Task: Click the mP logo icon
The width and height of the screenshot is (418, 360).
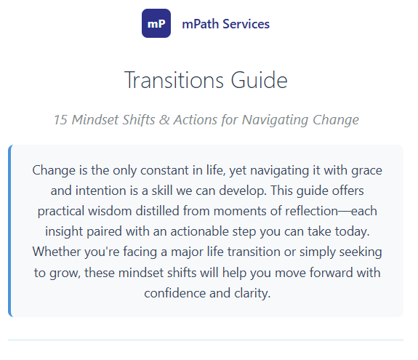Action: (156, 23)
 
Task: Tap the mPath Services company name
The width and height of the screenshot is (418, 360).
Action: (225, 24)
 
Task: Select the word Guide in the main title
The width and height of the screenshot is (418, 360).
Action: (259, 79)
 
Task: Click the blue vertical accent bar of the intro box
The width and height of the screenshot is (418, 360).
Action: (10, 231)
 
